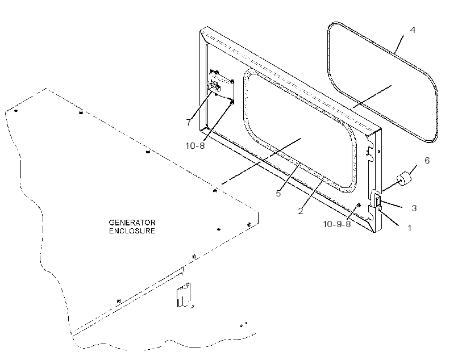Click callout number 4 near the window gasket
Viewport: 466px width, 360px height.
point(413,30)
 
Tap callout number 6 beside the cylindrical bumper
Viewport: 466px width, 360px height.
point(427,161)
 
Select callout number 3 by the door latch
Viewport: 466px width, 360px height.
point(414,208)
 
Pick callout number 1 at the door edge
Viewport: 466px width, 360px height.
point(410,228)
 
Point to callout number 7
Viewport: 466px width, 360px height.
point(189,122)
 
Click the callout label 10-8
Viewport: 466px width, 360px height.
point(195,146)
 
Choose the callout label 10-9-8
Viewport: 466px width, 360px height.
point(337,224)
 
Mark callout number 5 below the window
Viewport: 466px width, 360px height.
point(278,194)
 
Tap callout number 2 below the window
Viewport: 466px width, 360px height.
point(301,211)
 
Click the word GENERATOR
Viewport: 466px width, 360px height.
point(132,223)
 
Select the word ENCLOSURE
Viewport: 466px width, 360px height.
point(132,231)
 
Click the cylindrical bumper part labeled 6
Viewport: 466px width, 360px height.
point(403,179)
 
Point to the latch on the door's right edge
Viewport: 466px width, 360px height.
point(378,202)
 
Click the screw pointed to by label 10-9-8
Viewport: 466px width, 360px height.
point(359,206)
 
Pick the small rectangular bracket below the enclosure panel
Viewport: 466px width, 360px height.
point(184,295)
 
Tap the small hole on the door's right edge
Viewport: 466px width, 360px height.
point(379,151)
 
